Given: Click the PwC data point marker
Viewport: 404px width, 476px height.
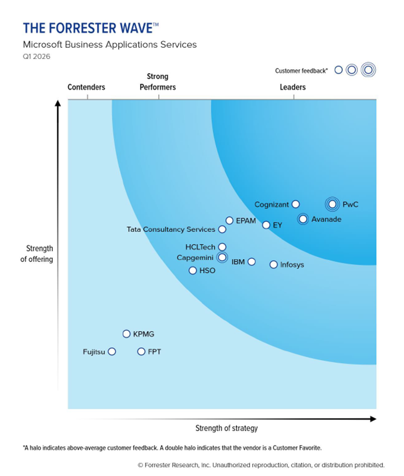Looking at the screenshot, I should [332, 204].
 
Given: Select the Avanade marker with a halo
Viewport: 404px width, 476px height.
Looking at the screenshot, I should [303, 219].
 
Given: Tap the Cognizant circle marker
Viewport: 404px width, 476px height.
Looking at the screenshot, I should [296, 204].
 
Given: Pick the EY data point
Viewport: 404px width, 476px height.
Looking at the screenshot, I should [266, 225].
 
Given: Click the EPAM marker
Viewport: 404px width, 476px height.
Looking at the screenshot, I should [229, 220].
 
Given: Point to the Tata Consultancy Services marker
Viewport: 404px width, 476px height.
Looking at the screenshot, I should [222, 229].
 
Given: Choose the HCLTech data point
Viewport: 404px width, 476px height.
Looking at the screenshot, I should [222, 247].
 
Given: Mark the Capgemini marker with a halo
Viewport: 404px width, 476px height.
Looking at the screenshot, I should [222, 257].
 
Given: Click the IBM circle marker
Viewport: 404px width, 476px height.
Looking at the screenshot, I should [252, 261].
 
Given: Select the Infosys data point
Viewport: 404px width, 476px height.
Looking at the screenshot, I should [273, 264].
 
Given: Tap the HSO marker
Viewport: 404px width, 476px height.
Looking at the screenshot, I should [192, 270].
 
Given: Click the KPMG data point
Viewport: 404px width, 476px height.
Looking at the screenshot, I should [126, 334].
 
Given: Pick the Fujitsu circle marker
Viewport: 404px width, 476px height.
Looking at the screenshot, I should [112, 352].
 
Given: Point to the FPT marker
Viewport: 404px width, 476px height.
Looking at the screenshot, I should [141, 352].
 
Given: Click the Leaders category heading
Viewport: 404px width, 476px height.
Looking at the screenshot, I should [292, 87].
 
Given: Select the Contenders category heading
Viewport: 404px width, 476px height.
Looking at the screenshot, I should [86, 87].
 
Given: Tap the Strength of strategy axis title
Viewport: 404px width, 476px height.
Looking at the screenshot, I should [226, 428].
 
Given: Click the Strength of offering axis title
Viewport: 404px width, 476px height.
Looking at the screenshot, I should [37, 254].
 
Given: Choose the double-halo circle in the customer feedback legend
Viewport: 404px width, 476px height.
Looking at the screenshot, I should [368, 69].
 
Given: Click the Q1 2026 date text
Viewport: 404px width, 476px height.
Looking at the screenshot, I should [36, 57].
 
